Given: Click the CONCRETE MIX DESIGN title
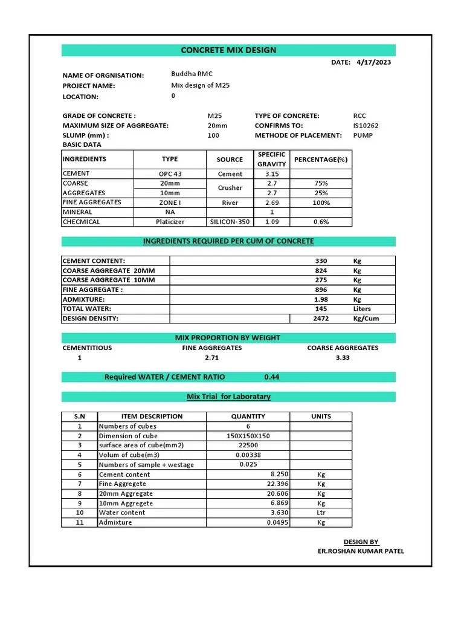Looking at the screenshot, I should pos(228,50).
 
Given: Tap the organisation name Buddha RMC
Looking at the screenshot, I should pos(192,74).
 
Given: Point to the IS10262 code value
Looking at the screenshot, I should pos(366,126).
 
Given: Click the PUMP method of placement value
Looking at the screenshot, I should pos(362,135).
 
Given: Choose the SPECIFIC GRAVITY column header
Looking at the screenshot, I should pos(271,159).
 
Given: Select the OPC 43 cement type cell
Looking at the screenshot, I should pos(170,174).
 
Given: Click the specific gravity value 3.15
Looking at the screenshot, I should pos(271,174).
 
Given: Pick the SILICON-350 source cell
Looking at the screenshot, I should pos(230,222).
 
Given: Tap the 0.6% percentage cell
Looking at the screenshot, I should pos(321,222).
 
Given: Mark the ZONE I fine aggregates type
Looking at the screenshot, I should pos(170,203).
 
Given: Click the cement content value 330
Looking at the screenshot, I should pos(321,261).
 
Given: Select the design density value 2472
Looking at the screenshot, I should pos(321,319).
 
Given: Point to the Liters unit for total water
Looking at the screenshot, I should pos(362,309).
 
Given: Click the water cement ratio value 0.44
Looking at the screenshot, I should pos(272,377).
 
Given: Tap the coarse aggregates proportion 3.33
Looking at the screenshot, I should pos(343,358).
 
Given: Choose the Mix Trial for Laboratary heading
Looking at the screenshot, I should pos(228,397).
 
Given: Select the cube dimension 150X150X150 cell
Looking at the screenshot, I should pos(248,436).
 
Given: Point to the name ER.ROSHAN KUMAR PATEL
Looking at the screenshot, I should pos(361,551).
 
